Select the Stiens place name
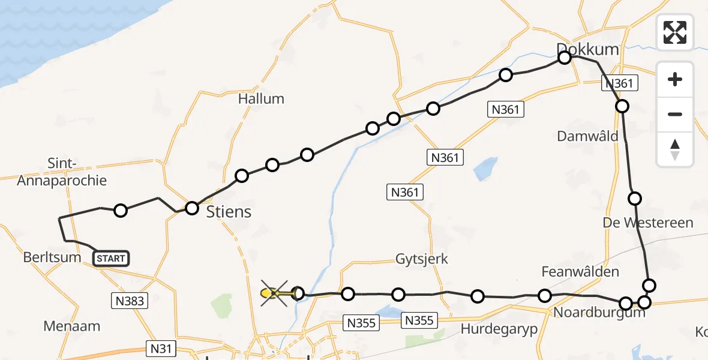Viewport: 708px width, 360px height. click(x=229, y=212)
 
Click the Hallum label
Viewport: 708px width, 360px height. click(x=261, y=99)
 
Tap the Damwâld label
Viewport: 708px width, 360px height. click(x=587, y=136)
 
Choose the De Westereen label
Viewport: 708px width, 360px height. click(x=648, y=223)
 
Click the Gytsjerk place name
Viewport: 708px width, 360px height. click(x=422, y=259)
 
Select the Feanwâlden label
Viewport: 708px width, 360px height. click(x=580, y=272)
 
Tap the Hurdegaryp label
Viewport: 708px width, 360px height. click(x=499, y=329)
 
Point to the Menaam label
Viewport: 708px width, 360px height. click(x=71, y=327)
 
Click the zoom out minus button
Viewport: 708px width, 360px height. click(x=675, y=114)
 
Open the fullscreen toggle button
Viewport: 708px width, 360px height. click(x=675, y=32)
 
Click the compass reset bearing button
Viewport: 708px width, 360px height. click(x=675, y=149)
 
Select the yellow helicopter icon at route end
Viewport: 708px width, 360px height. click(x=271, y=293)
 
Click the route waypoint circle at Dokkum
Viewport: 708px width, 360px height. click(x=565, y=58)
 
